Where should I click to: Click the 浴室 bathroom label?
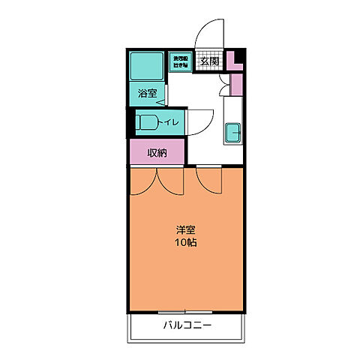(x=147, y=94)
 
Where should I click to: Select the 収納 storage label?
(x=157, y=153)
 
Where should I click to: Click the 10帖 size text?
(x=186, y=244)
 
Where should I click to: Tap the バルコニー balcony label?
(x=187, y=325)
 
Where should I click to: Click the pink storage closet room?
(x=157, y=153)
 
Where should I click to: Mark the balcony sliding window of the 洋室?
(x=185, y=311)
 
